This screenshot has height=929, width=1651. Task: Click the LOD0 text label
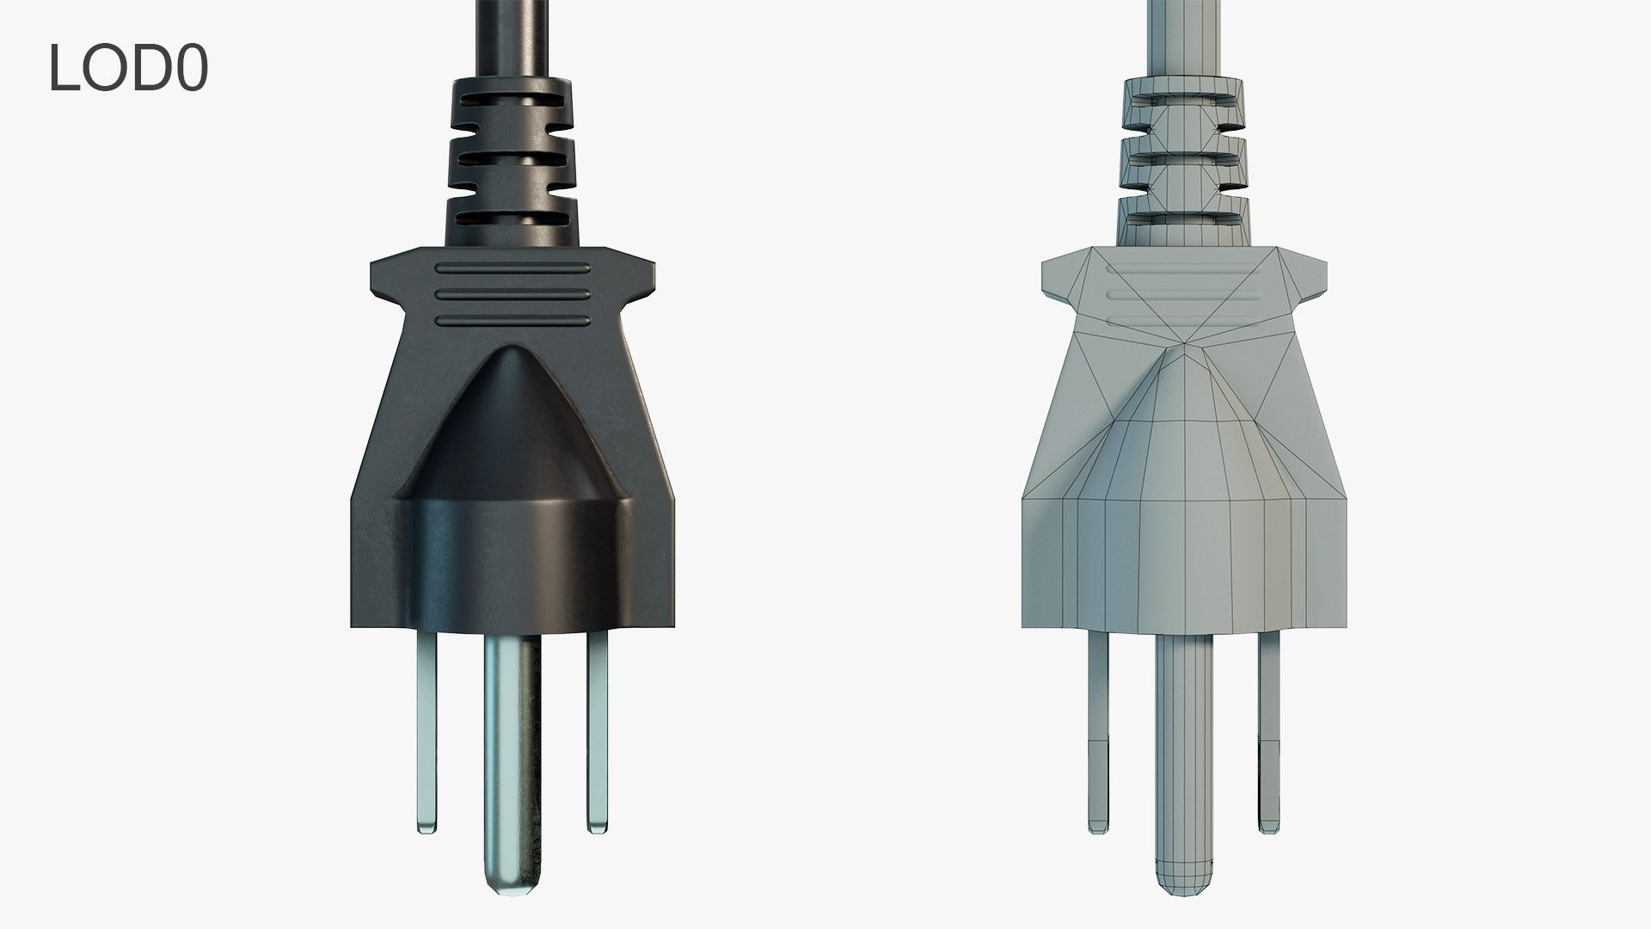coord(127,68)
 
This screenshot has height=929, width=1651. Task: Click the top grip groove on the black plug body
coord(513,268)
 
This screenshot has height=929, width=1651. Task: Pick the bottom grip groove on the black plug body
coord(513,321)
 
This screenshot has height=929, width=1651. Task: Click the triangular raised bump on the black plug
coord(513,430)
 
